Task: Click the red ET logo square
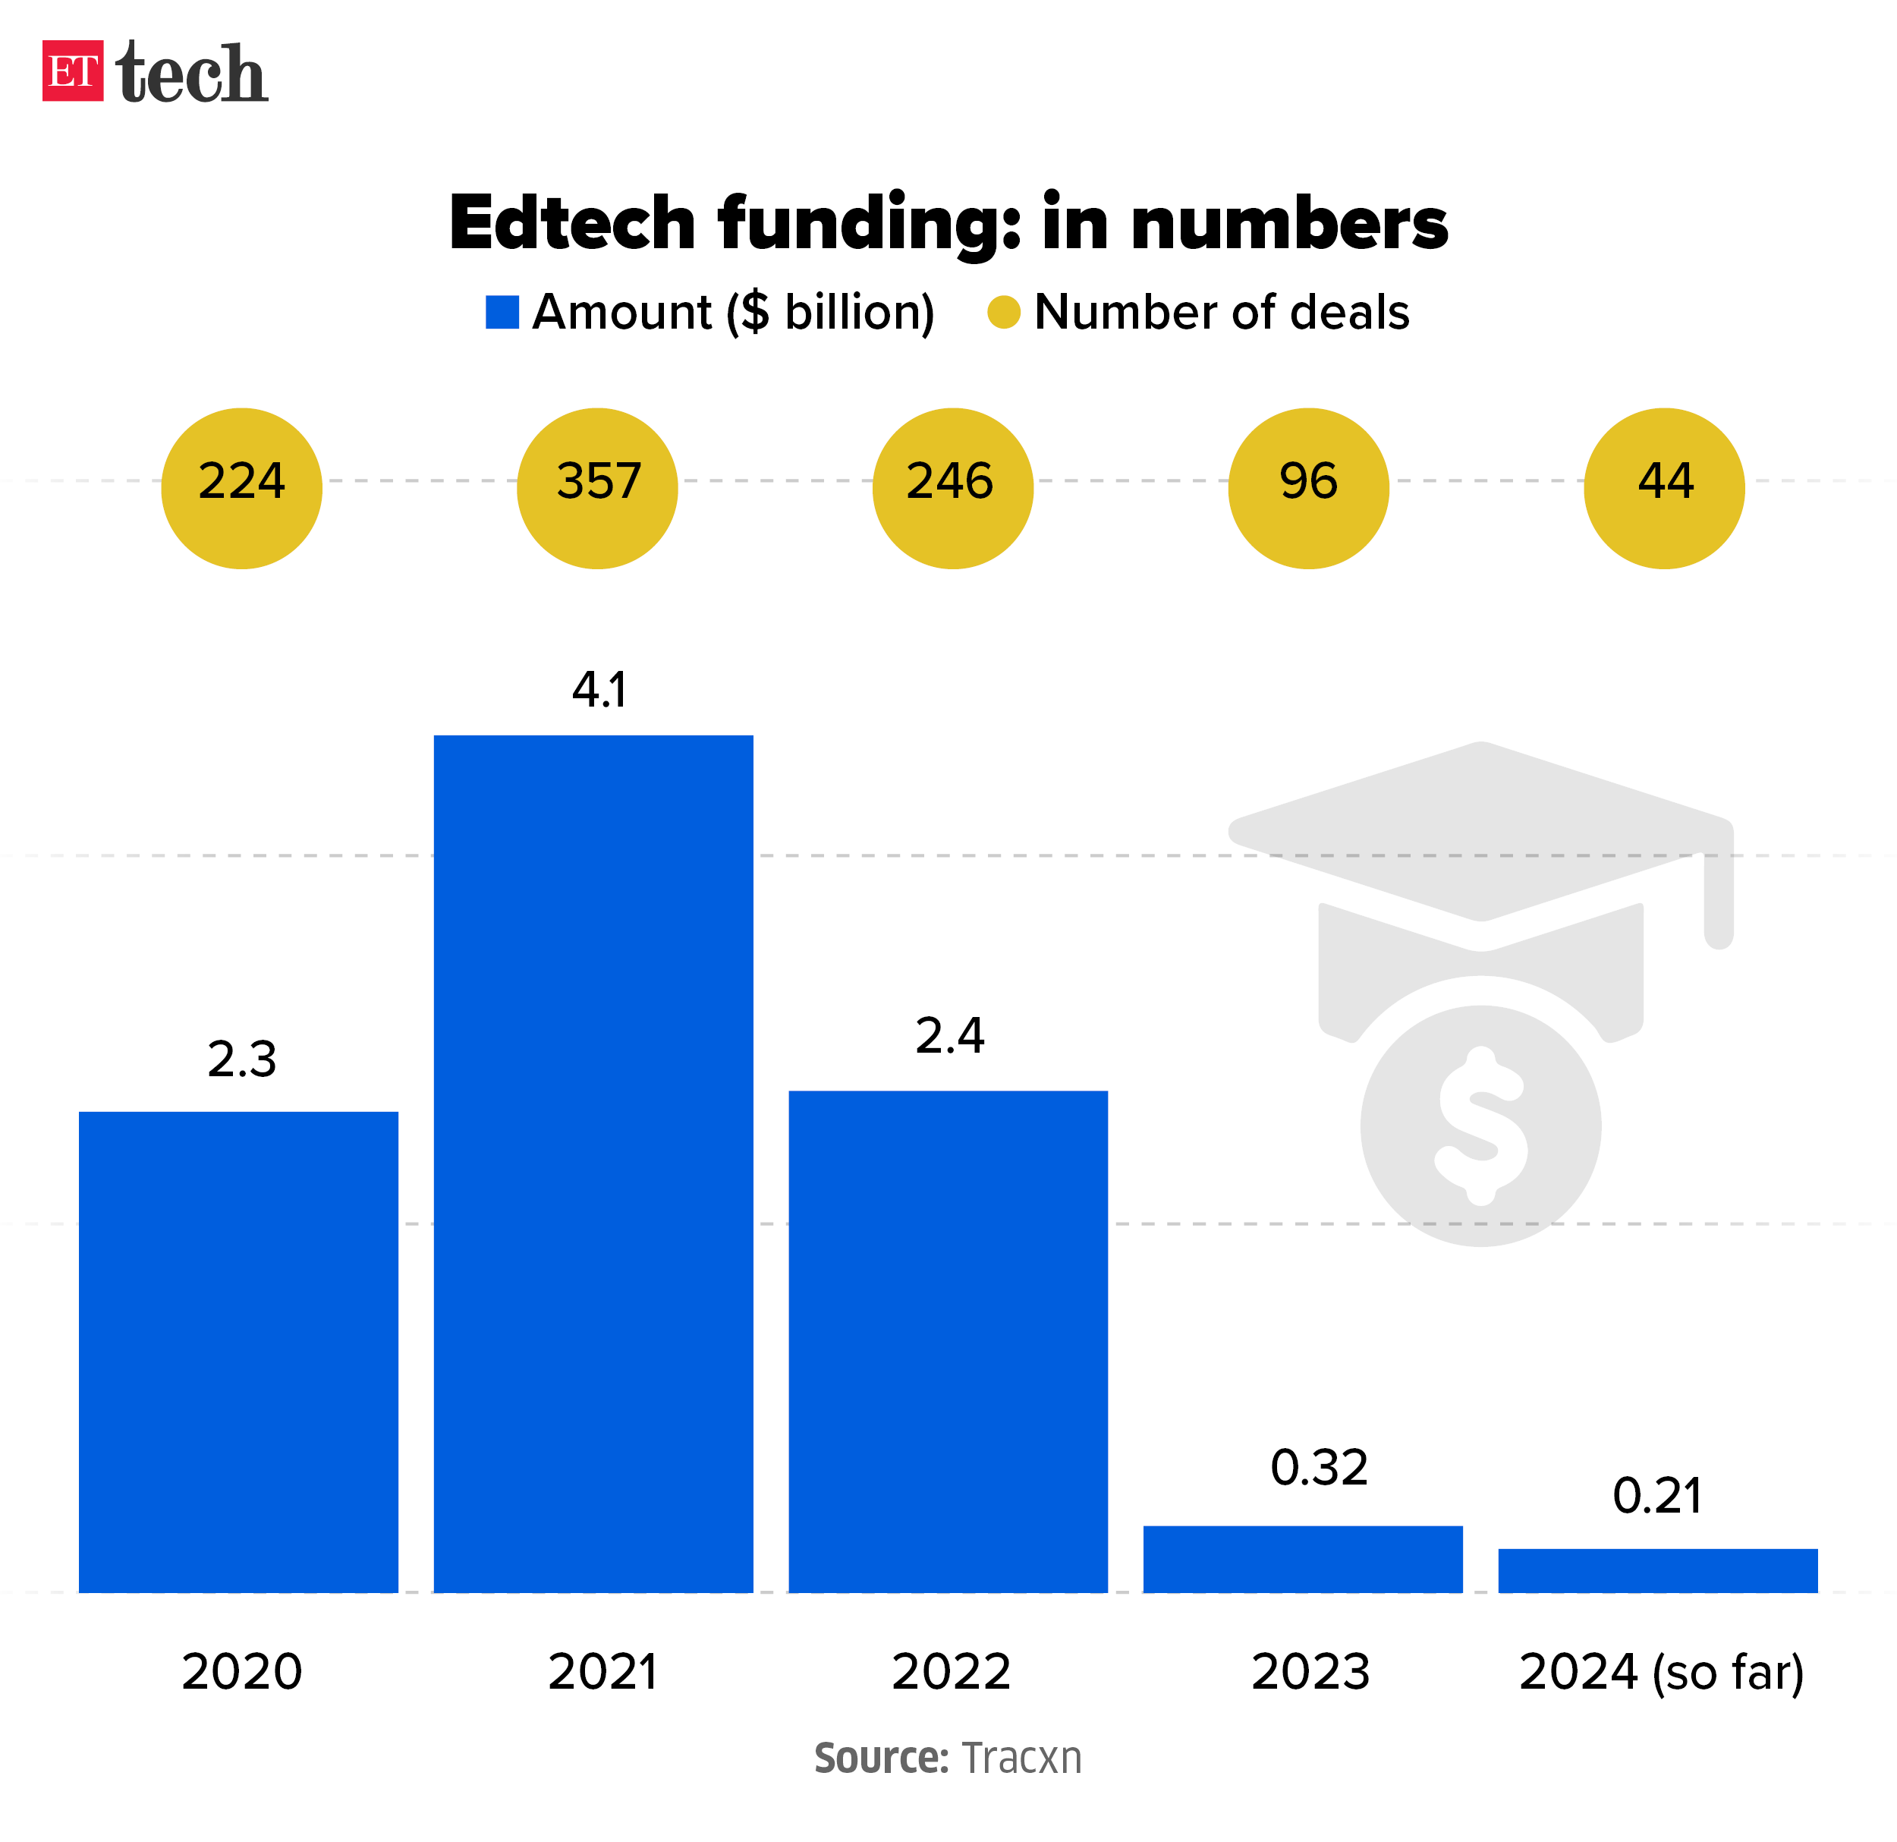(x=73, y=71)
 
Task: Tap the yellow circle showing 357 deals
(x=597, y=488)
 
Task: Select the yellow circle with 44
(x=1664, y=488)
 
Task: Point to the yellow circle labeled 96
(x=1308, y=488)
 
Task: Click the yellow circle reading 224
(x=242, y=488)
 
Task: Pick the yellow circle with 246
(x=952, y=488)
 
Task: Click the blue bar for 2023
(x=1303, y=1560)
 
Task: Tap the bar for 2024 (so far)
(x=1658, y=1570)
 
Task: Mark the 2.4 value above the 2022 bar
(x=949, y=1036)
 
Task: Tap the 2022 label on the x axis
(x=951, y=1672)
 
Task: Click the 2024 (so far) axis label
(x=1661, y=1672)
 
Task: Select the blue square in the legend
(x=502, y=313)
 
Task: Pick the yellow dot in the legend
(x=1004, y=313)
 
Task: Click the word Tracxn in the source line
(x=1021, y=1758)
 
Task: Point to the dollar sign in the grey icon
(x=1481, y=1126)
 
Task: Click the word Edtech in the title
(x=572, y=222)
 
